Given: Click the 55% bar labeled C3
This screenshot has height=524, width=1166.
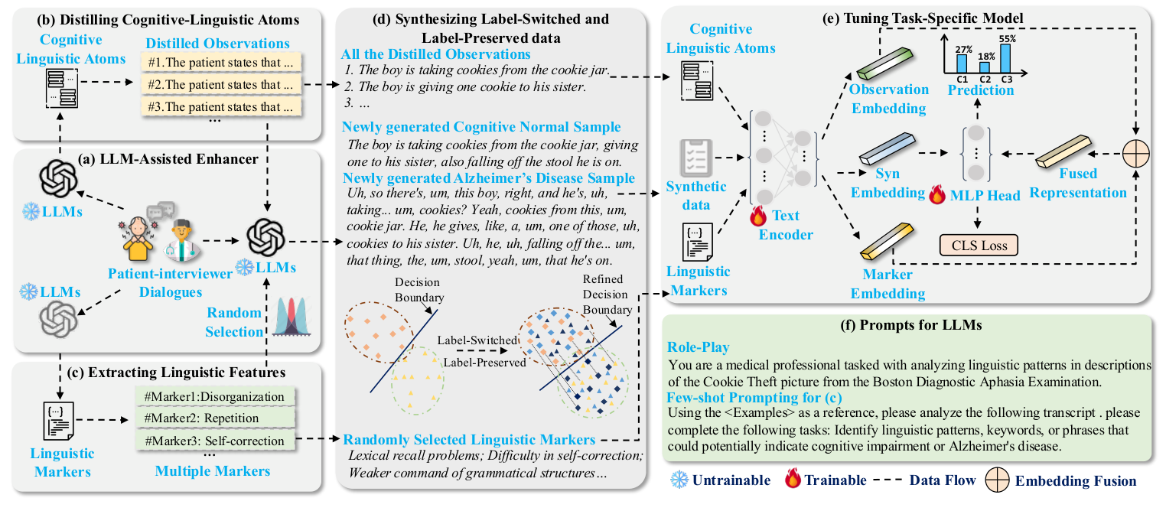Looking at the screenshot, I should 1005,57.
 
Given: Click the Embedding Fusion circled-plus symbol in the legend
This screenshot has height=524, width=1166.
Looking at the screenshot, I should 1001,480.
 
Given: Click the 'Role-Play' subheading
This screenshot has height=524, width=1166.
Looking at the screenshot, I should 699,347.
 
